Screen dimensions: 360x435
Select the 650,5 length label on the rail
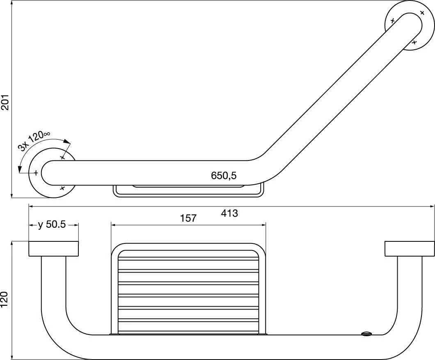(x=224, y=176)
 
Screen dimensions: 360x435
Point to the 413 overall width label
(x=229, y=213)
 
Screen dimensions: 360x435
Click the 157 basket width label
(x=188, y=218)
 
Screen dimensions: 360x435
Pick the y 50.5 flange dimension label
(x=52, y=225)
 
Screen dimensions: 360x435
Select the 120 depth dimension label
(x=5, y=300)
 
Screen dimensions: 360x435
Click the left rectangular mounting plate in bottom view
(x=53, y=249)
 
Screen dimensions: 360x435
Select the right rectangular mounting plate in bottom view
(x=409, y=249)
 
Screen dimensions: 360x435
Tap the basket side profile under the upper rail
(x=188, y=191)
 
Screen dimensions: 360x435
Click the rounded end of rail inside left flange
(x=47, y=172)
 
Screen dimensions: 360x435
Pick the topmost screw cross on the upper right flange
(x=422, y=13)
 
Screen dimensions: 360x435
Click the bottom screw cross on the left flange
(x=62, y=188)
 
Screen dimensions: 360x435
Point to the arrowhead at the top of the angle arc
(x=68, y=142)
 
